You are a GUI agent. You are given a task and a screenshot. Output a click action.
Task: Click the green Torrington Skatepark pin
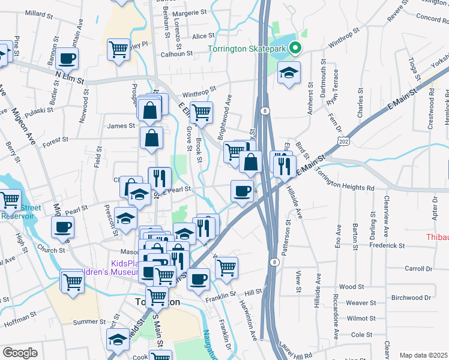294,49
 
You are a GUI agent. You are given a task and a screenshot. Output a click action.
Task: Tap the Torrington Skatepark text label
247,49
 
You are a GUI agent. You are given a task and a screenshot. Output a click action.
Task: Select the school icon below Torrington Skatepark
289,73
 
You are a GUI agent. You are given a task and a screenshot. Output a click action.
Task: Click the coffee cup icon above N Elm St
68,59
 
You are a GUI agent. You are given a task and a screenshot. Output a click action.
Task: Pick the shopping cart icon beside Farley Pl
119,49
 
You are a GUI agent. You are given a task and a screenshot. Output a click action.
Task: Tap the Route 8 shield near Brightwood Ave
264,110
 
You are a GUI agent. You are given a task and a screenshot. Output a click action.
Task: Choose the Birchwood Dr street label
411,297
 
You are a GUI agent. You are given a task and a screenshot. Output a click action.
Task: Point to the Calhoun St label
176,53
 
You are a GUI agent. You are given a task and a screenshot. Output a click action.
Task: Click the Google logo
20,352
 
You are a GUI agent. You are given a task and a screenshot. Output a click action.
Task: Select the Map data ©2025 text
424,355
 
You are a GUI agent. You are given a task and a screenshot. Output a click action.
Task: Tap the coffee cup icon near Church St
63,227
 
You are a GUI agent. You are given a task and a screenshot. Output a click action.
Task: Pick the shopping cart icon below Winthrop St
202,112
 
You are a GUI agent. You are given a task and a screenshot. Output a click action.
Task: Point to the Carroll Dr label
418,268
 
